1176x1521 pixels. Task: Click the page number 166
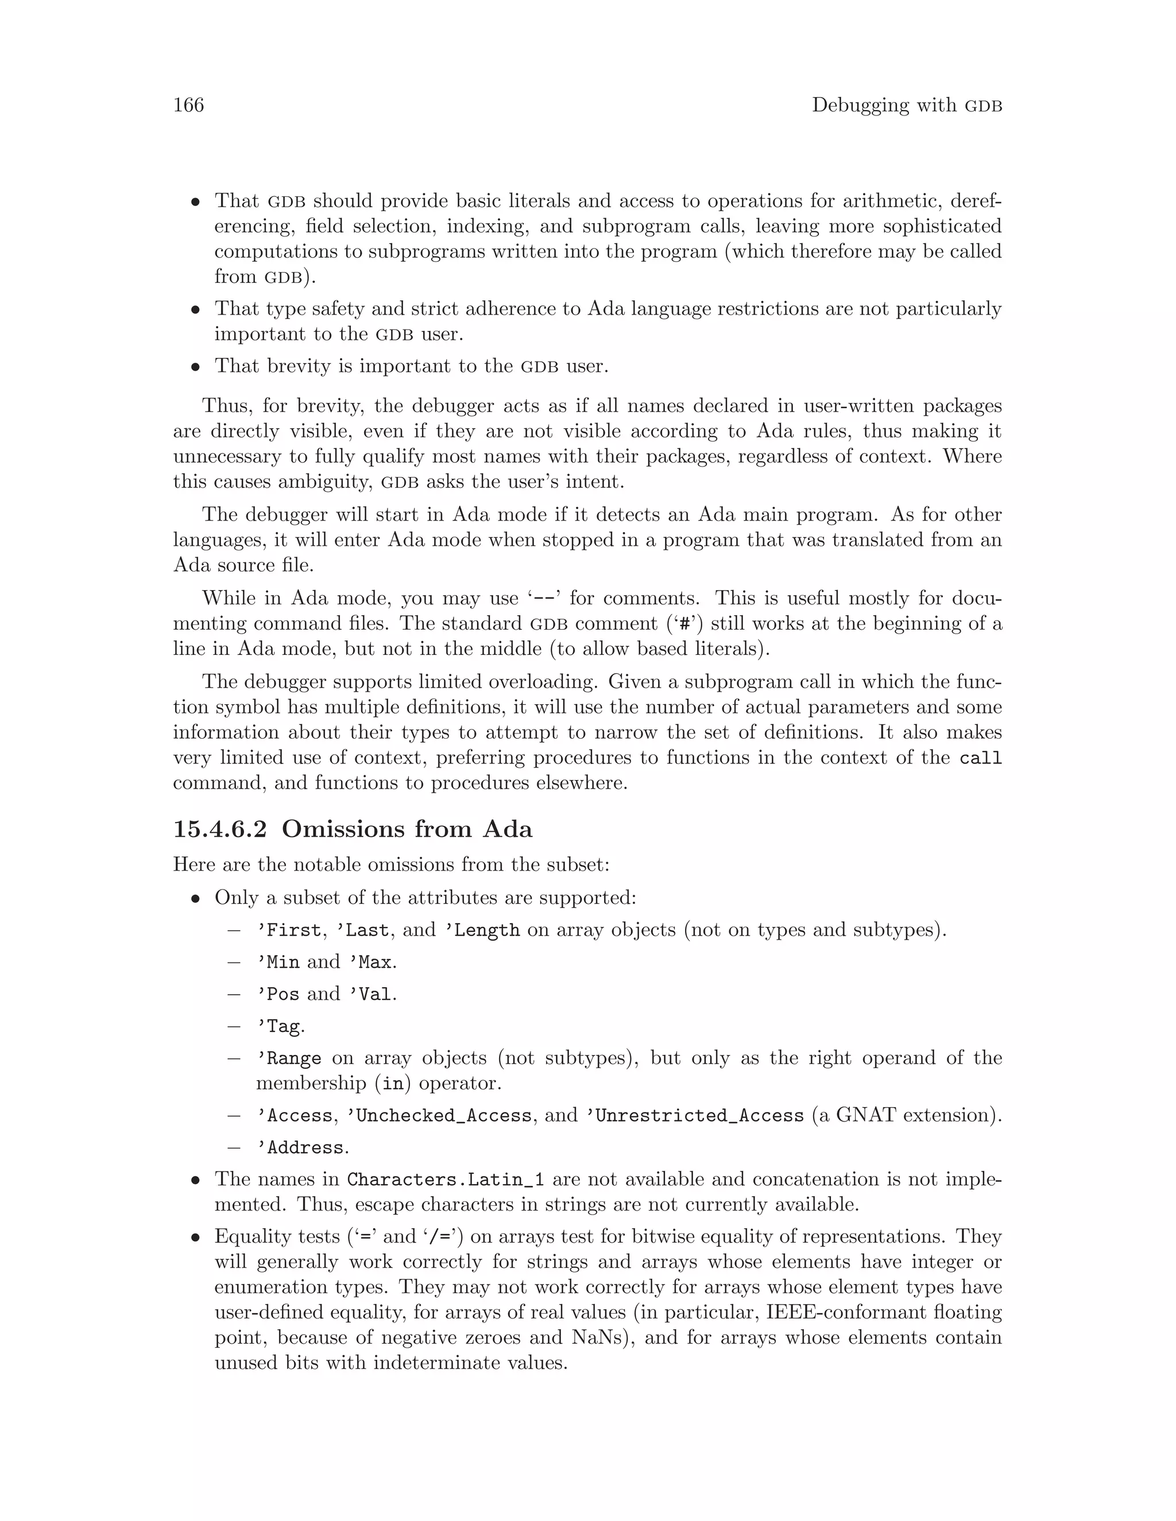[188, 105]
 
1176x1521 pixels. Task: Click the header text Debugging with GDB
[906, 105]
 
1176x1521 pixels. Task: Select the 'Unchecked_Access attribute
[439, 1116]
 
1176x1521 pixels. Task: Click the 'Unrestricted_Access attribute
[694, 1116]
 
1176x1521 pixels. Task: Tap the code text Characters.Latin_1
[445, 1179]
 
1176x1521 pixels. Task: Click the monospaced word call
[980, 758]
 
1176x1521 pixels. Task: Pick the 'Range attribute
[288, 1058]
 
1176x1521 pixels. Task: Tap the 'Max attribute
[370, 962]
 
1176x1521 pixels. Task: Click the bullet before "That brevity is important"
[196, 367]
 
